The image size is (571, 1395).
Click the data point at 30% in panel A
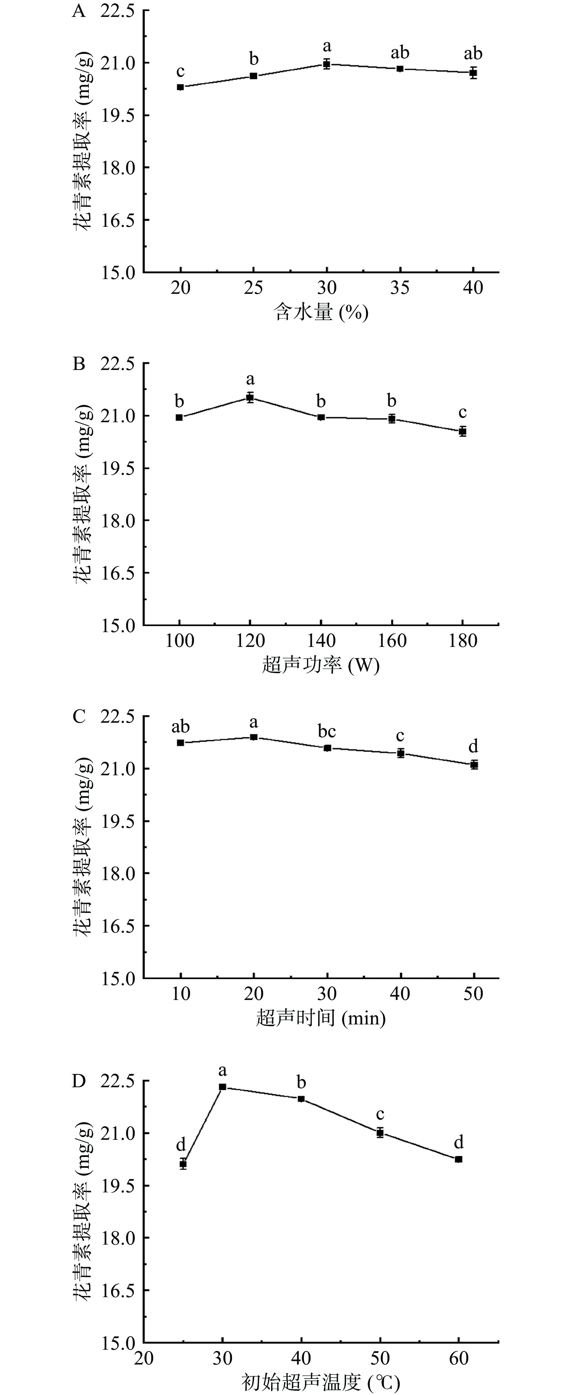(327, 64)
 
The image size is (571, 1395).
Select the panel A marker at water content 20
(180, 87)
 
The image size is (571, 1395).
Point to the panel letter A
(79, 11)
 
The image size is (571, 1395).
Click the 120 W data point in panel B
(250, 397)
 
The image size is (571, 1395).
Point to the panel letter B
(79, 364)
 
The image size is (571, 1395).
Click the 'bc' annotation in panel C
(327, 731)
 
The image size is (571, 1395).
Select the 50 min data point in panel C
(474, 765)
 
